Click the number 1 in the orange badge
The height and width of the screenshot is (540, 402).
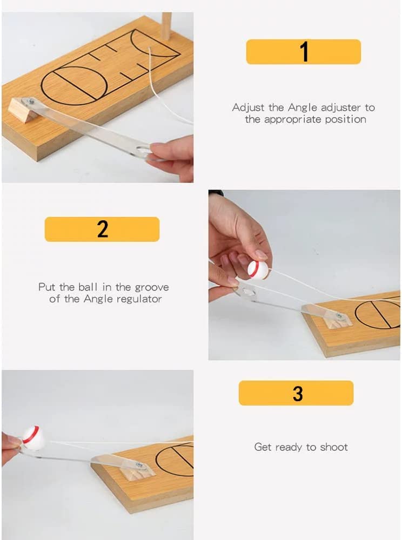tap(304, 52)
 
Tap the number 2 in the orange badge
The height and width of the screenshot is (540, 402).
tap(102, 229)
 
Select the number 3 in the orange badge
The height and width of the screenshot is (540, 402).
tap(298, 393)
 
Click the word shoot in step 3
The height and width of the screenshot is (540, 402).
tap(335, 447)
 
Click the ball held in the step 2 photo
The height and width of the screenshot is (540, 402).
tap(258, 269)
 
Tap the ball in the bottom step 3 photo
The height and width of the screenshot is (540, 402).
tap(33, 438)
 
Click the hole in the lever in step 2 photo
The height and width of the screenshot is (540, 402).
tap(249, 292)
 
